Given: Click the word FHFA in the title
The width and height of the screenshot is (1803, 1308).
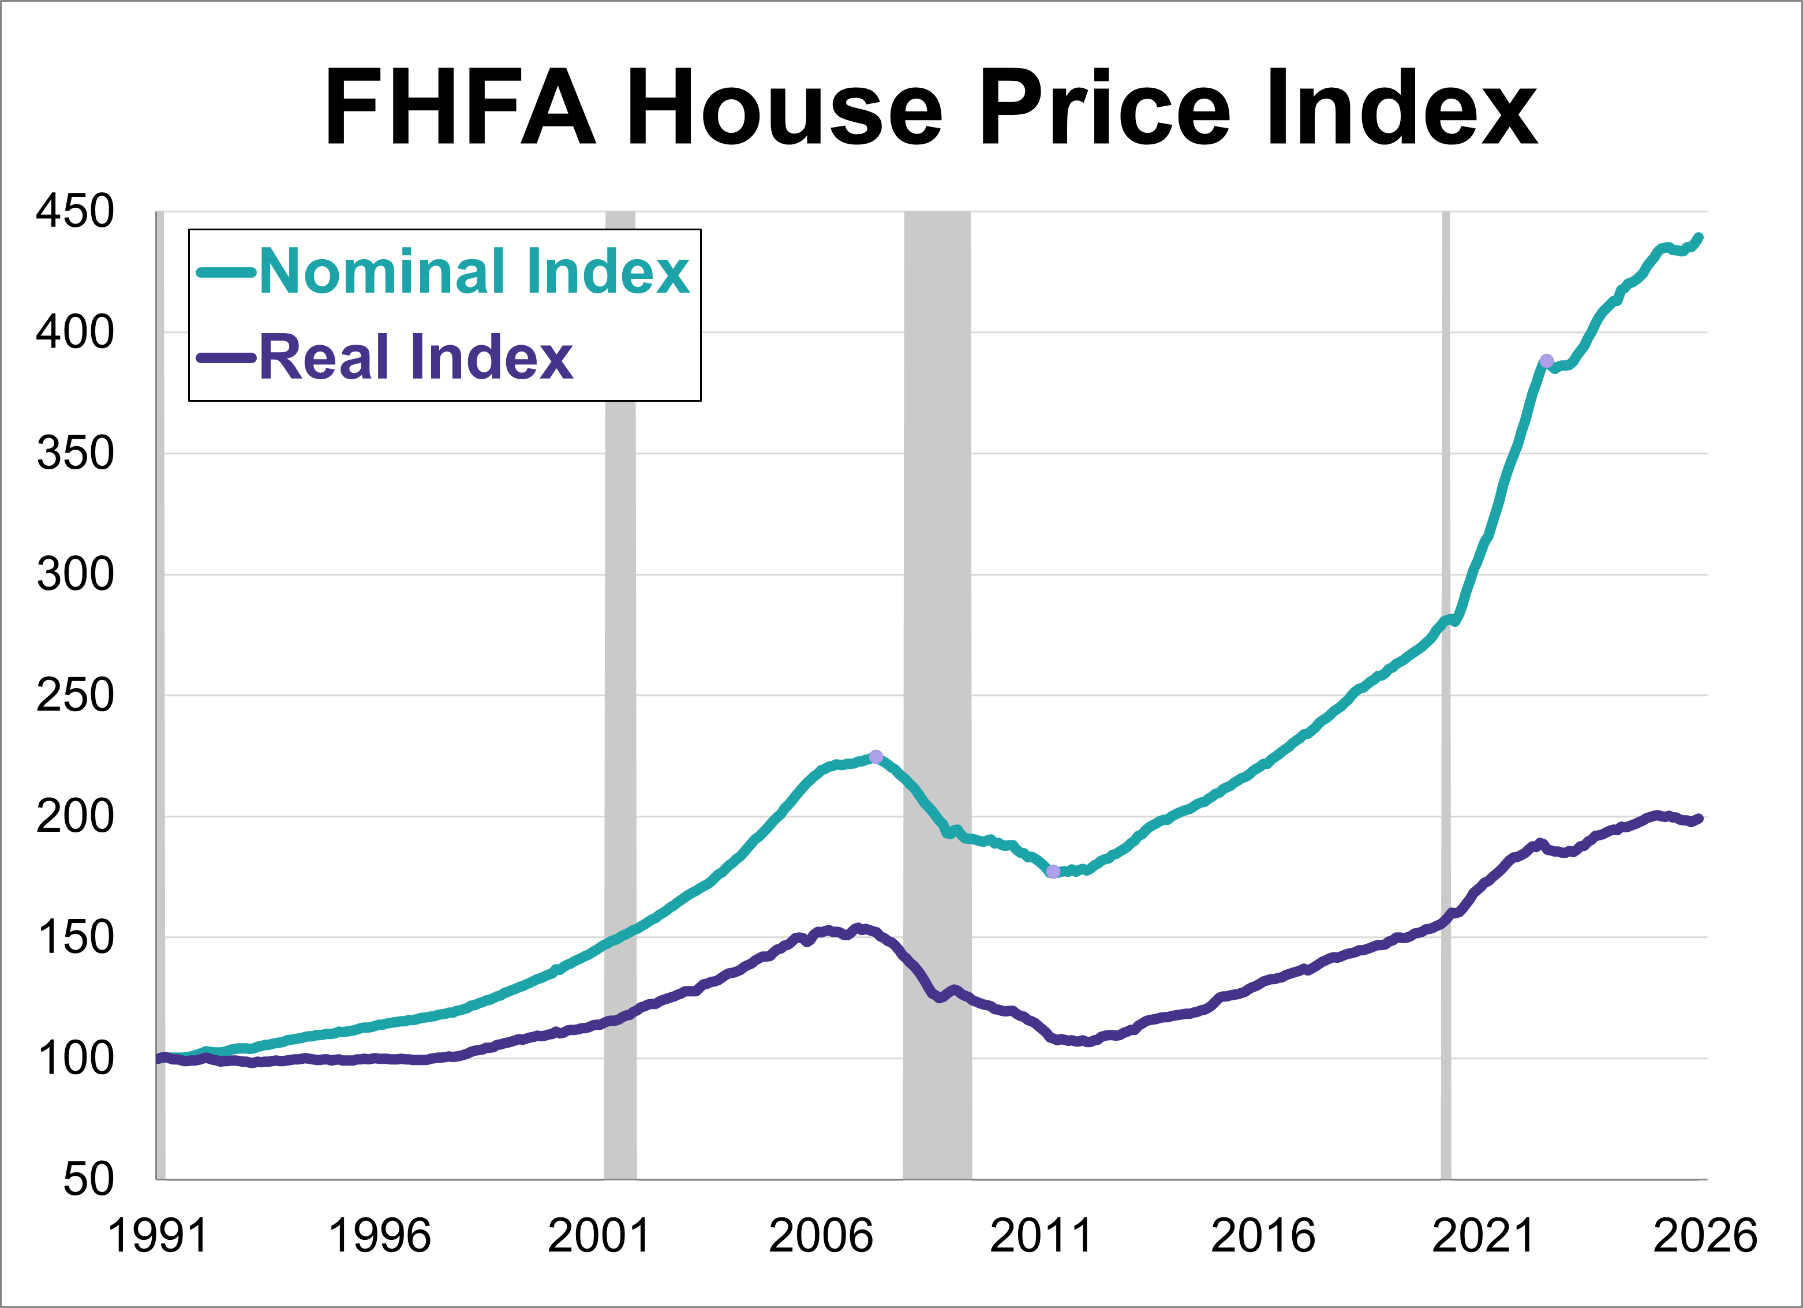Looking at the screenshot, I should point(461,107).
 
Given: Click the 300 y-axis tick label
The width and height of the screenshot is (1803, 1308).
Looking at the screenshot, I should point(76,574).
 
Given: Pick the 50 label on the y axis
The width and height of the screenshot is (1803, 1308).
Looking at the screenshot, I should point(88,1179).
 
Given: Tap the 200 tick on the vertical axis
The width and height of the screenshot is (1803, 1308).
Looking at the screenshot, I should point(76,817).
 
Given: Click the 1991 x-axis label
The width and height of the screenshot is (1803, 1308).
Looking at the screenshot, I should point(158,1236).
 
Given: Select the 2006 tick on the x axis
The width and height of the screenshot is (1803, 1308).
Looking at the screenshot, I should point(821,1236).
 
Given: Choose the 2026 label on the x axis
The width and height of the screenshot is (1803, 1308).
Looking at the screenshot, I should point(1704,1236).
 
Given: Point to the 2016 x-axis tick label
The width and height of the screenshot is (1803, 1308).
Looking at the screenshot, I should point(1262,1236).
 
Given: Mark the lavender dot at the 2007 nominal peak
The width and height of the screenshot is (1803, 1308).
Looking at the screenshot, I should point(876,756).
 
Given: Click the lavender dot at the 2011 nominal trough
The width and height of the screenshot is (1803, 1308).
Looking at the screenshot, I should point(1053,872).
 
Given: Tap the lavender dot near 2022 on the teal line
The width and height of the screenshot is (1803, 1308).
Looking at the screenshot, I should point(1546,361).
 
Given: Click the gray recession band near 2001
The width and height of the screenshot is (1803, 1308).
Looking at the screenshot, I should point(620,716).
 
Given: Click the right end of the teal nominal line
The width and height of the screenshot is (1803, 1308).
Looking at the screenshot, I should point(1700,237).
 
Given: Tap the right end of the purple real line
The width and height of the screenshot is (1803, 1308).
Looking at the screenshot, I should point(1700,818).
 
